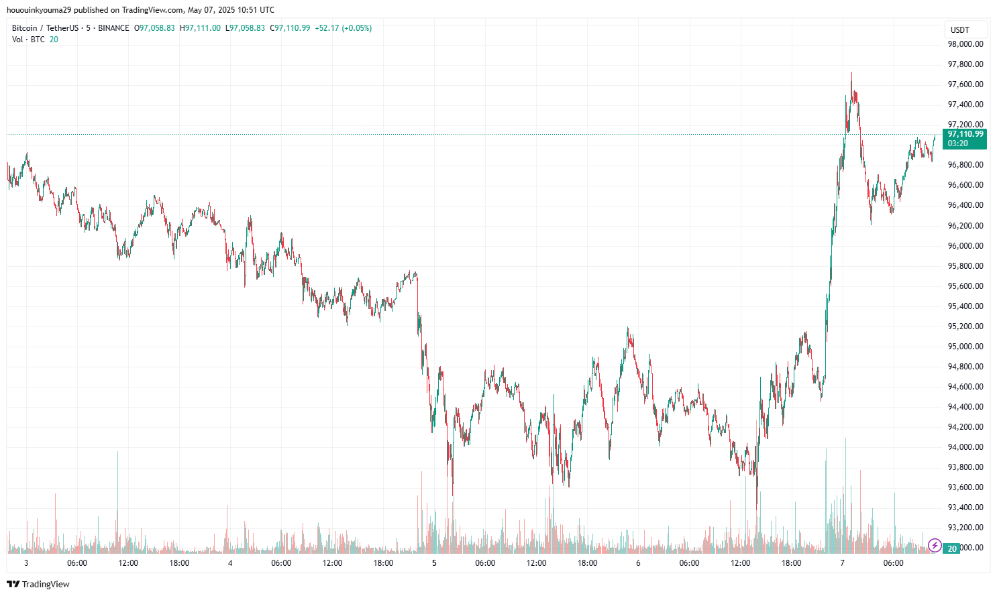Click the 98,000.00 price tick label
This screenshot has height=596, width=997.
(x=965, y=44)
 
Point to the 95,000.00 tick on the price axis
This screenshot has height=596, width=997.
(x=965, y=347)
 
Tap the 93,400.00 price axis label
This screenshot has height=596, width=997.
(x=965, y=508)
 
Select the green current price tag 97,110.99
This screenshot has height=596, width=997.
(x=965, y=134)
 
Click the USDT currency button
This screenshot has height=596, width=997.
(x=960, y=30)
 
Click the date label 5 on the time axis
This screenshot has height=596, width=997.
(x=434, y=563)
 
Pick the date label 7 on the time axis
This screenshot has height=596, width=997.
(x=842, y=563)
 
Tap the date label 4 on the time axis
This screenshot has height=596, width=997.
(x=230, y=563)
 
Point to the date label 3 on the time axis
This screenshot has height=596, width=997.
(x=26, y=563)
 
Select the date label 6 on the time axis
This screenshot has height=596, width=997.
(x=638, y=563)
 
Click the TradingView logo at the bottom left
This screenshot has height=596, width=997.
(x=38, y=584)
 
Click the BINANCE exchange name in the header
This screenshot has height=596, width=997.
(x=113, y=28)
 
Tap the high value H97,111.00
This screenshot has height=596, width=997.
(x=200, y=28)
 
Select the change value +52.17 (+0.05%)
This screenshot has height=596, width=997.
(x=343, y=28)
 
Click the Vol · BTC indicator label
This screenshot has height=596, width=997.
(x=28, y=40)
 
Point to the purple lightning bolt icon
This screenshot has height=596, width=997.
(x=935, y=546)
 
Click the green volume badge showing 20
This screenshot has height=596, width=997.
(x=951, y=548)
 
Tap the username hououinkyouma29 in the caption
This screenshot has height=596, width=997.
(x=38, y=10)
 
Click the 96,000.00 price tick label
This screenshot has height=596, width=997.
(x=965, y=246)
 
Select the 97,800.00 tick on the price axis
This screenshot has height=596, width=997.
(x=965, y=64)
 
